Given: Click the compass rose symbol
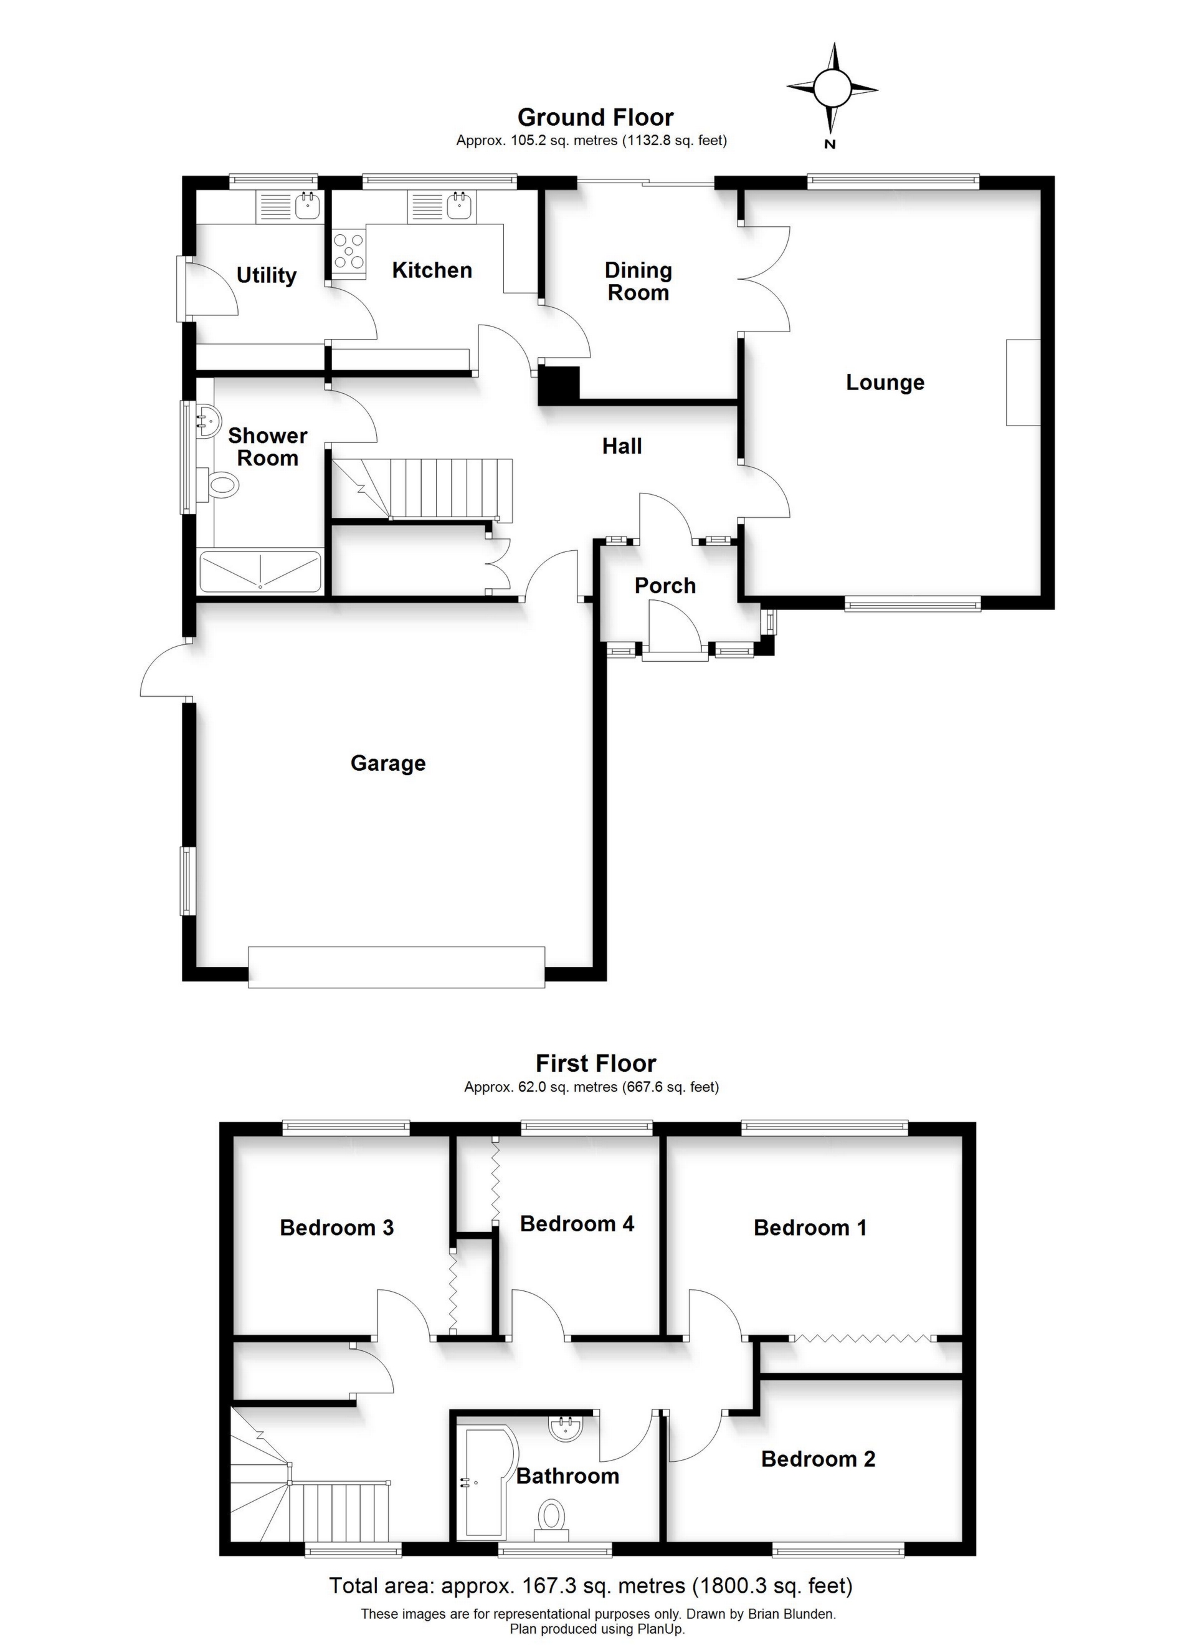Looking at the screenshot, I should (x=832, y=88).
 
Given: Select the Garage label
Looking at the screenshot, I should (x=388, y=763).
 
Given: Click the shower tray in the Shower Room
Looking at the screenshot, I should (x=260, y=571).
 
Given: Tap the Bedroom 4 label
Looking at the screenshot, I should (x=577, y=1224).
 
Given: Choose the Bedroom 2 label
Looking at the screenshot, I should (x=818, y=1459).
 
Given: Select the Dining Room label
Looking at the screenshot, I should (x=638, y=282).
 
